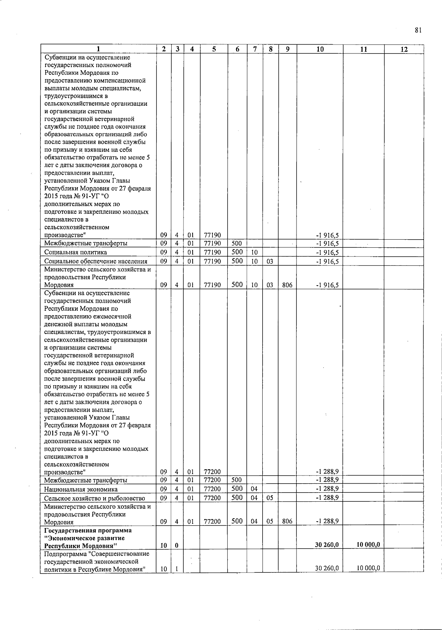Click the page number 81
click(x=418, y=31)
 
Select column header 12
click(x=404, y=49)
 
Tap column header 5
click(x=214, y=49)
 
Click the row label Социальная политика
click(x=76, y=253)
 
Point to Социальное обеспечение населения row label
click(x=96, y=261)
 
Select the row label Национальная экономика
click(x=81, y=490)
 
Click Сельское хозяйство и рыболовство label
click(x=95, y=498)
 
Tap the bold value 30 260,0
click(x=327, y=545)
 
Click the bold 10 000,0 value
click(x=368, y=545)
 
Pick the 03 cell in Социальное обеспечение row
click(x=270, y=261)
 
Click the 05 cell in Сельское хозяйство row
click(x=270, y=498)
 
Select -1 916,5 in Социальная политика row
click(x=327, y=253)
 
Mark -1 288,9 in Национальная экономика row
click(x=327, y=489)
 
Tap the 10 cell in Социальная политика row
click(x=254, y=253)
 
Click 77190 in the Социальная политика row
click(x=213, y=253)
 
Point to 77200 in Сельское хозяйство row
click(x=213, y=498)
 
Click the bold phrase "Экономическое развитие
click(x=84, y=538)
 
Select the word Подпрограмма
click(x=64, y=554)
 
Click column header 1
click(x=98, y=49)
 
